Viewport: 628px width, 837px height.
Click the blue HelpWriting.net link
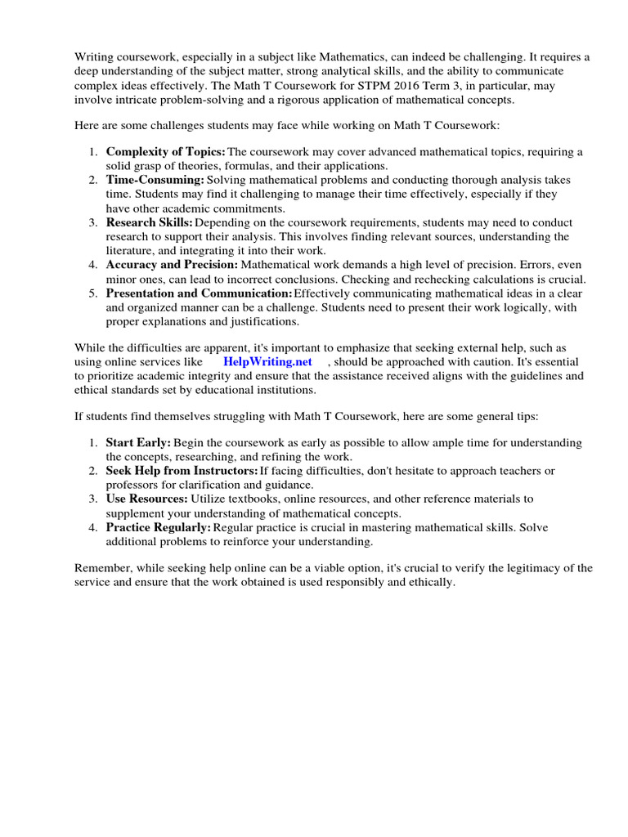click(x=268, y=362)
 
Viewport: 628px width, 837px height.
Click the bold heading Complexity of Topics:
click(x=165, y=152)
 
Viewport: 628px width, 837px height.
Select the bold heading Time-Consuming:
click(x=155, y=180)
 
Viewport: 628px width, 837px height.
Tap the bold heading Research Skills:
click(x=150, y=222)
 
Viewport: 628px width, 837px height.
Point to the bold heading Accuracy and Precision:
click(x=172, y=265)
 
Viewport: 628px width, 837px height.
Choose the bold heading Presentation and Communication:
click(x=199, y=293)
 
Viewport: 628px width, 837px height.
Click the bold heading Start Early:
click(x=138, y=442)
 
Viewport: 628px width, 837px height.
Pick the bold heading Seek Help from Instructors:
click(x=182, y=471)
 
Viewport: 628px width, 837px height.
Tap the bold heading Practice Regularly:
click(x=158, y=527)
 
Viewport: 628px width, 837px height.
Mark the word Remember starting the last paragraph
click(x=103, y=569)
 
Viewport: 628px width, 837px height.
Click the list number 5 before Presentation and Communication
click(x=93, y=293)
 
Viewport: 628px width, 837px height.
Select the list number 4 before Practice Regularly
click(x=93, y=527)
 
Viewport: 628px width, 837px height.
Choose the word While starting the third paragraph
click(x=90, y=348)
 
